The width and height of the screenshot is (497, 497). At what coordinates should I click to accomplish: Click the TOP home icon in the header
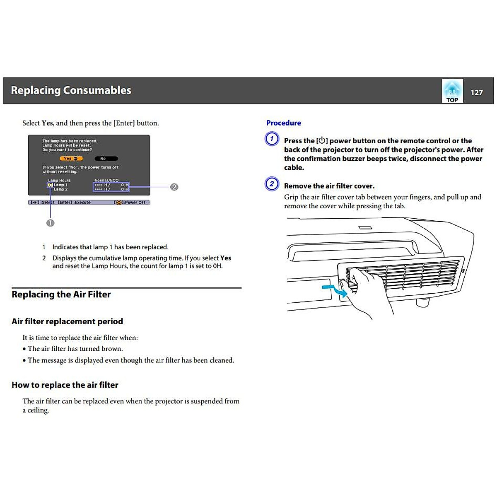click(452, 91)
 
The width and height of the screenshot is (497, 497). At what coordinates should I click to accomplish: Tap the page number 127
click(477, 92)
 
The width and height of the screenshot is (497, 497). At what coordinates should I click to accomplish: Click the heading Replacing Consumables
click(71, 90)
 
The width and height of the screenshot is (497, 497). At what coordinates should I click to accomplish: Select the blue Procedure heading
click(283, 123)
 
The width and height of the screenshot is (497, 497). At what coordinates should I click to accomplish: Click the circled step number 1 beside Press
click(272, 138)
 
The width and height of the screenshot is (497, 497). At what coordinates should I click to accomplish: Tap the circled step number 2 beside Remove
click(272, 183)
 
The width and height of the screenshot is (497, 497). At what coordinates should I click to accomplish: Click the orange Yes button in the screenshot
click(71, 159)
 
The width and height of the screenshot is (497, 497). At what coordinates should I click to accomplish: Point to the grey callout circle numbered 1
click(50, 223)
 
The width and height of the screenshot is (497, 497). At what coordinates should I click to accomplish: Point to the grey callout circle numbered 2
click(174, 187)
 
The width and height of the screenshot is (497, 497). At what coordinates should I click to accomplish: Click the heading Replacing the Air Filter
click(61, 294)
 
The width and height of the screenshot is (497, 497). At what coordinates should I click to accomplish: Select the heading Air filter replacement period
click(67, 321)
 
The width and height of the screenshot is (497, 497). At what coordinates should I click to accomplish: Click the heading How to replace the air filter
click(65, 385)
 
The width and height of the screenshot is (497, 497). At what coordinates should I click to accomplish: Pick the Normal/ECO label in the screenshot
click(106, 181)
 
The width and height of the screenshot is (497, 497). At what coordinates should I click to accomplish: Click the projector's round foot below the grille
click(422, 302)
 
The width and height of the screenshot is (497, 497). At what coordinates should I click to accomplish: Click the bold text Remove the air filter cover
click(329, 186)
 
